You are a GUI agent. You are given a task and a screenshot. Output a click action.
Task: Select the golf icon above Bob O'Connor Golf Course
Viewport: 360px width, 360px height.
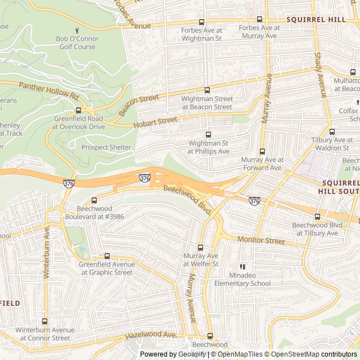[77, 29]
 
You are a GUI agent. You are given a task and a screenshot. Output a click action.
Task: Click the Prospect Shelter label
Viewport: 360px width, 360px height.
[106, 147]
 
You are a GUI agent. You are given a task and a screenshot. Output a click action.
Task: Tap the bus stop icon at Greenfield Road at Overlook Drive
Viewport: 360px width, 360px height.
[78, 110]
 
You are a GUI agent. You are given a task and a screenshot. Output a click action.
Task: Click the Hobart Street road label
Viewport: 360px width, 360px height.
[155, 122]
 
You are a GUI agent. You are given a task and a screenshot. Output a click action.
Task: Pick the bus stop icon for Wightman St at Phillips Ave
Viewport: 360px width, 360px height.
[209, 134]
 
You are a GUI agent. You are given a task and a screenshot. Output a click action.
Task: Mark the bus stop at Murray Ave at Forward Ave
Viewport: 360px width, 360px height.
[262, 151]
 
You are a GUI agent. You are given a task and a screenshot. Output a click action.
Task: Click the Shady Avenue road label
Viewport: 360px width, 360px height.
[321, 75]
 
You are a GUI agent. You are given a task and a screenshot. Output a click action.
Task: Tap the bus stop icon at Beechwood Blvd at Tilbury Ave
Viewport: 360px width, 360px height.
[317, 217]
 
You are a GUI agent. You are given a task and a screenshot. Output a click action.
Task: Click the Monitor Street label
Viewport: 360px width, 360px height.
[261, 241]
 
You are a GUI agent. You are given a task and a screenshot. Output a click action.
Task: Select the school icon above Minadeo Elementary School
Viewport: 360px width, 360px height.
[242, 267]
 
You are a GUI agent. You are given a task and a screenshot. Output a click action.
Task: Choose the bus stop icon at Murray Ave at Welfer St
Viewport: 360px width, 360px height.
[200, 247]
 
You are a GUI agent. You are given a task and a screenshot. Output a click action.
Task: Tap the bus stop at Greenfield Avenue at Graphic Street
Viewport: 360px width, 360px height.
[107, 256]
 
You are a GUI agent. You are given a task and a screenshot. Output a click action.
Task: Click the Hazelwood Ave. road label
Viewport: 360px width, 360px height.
[151, 335]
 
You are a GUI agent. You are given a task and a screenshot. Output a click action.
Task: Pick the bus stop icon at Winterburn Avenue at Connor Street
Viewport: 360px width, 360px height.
[45, 321]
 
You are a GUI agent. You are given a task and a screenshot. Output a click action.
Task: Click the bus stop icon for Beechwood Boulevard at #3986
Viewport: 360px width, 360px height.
[94, 200]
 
